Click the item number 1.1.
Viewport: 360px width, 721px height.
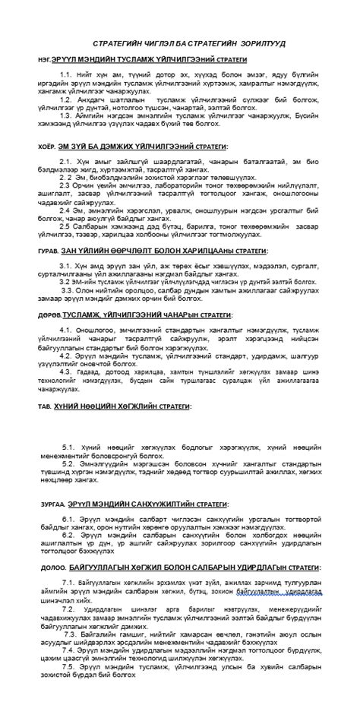click(64, 74)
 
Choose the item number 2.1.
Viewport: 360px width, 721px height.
click(65, 161)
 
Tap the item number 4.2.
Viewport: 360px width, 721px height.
click(65, 354)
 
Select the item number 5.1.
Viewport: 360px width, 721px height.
click(68, 447)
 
